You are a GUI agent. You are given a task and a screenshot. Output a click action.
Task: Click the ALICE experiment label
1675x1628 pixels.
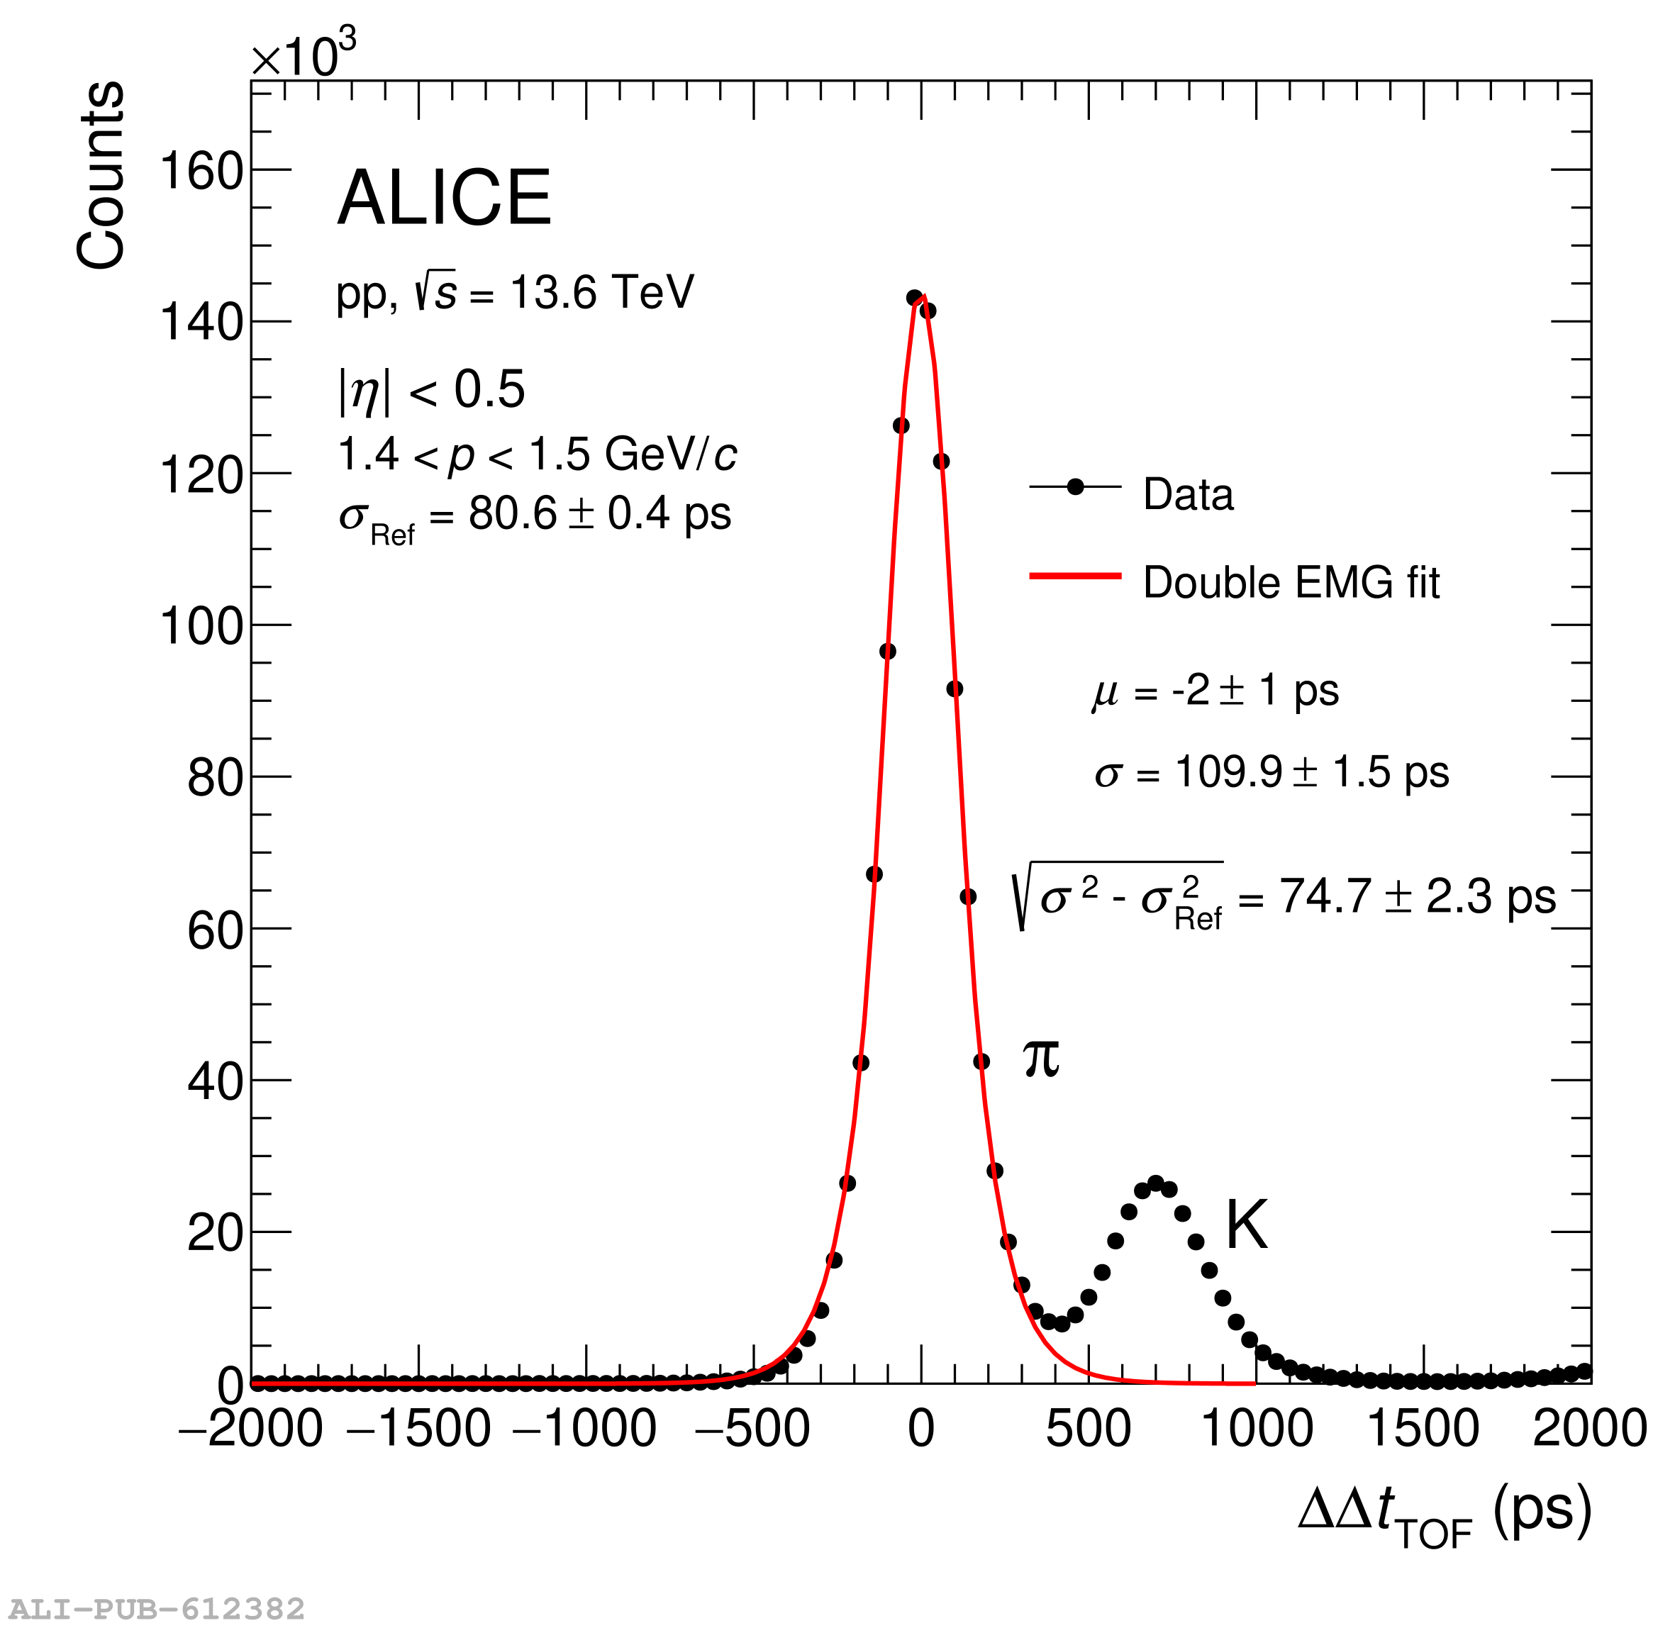coord(444,198)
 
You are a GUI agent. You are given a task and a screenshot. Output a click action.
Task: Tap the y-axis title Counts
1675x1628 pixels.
coord(101,175)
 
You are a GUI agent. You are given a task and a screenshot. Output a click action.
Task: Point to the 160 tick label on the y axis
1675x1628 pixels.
coord(202,171)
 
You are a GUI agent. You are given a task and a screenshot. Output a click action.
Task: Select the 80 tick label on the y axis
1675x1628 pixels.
coord(216,778)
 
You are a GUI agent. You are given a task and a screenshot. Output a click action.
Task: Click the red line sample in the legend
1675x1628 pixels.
coord(1075,576)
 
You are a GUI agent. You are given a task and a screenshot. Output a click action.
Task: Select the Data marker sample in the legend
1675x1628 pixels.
coord(1075,487)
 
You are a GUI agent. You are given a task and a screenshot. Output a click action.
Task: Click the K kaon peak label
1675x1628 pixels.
coord(1246,1226)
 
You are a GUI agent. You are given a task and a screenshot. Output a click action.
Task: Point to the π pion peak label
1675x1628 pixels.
coord(1040,1059)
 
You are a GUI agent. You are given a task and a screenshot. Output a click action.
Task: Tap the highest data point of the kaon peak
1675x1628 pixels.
coord(1156,1183)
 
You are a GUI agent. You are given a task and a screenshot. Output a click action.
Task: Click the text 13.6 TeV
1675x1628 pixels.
coord(601,292)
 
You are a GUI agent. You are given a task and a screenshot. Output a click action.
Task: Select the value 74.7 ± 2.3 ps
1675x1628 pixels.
coord(1417,898)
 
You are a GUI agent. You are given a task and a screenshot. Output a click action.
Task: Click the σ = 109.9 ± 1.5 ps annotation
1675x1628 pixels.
coord(1271,772)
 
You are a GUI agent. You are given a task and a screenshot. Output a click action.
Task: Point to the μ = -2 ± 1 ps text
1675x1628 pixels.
coord(1215,691)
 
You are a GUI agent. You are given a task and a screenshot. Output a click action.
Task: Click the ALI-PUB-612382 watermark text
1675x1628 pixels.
coord(157,1608)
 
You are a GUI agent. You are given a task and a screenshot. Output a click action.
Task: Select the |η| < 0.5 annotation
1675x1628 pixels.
coord(431,390)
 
